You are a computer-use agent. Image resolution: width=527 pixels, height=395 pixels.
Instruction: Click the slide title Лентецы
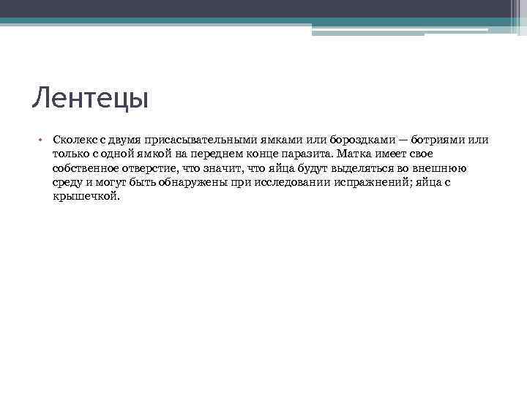pyautogui.click(x=90, y=97)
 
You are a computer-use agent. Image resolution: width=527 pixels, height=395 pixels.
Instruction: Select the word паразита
pyautogui.click(x=308, y=154)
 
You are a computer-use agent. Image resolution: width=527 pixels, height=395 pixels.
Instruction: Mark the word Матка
pyautogui.click(x=357, y=154)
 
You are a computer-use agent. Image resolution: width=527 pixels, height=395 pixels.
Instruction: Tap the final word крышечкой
pyautogui.click(x=85, y=197)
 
